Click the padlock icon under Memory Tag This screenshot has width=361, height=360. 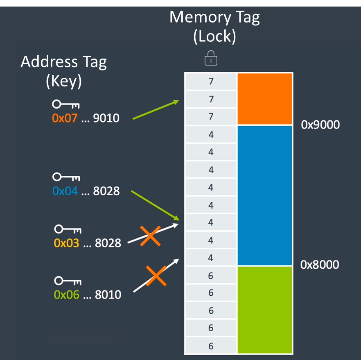pos(211,59)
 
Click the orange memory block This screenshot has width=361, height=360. pos(265,99)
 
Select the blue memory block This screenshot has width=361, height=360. pos(265,195)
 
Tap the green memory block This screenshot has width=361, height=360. pos(265,310)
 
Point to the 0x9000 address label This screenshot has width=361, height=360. pos(320,125)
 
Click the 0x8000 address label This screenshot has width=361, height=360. pos(320,265)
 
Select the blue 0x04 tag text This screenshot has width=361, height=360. pos(65,191)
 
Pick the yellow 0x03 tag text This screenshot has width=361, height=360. pos(66,243)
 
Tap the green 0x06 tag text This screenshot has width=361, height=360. pos(66,294)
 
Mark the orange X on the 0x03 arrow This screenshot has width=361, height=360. pos(150,236)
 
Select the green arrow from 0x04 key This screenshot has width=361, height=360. pos(155,205)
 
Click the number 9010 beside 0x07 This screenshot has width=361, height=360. pos(106,119)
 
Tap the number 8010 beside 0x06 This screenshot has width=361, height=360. pos(108,294)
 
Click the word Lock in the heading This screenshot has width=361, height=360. pos(214,36)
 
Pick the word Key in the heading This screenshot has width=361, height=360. pos(64,81)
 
